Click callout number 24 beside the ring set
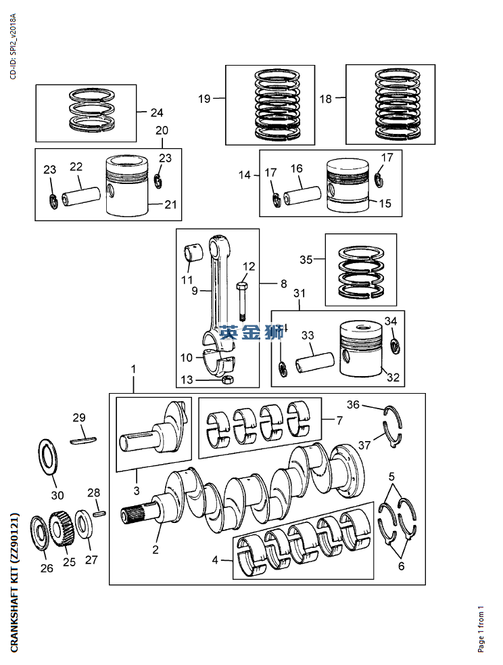coord(157,113)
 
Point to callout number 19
coord(204,99)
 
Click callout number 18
coord(326,99)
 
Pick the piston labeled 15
coord(347,185)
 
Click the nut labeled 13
coord(229,380)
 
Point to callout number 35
coord(306,260)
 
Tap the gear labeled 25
coord(62,526)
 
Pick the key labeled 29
coord(85,440)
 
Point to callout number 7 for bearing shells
coord(340,420)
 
